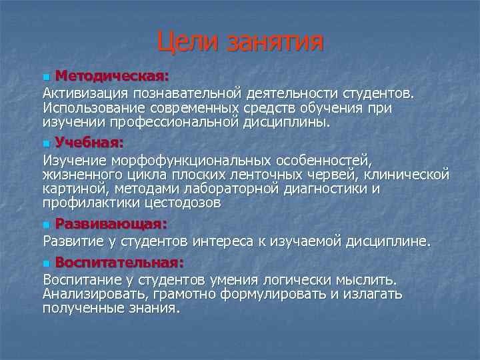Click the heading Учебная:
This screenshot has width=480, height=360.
click(89, 141)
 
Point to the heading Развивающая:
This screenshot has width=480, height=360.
click(111, 223)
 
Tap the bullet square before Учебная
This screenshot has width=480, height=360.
click(45, 143)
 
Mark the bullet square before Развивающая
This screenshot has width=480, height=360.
click(45, 224)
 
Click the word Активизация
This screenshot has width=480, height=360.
click(85, 91)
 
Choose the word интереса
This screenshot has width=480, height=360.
click(220, 241)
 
